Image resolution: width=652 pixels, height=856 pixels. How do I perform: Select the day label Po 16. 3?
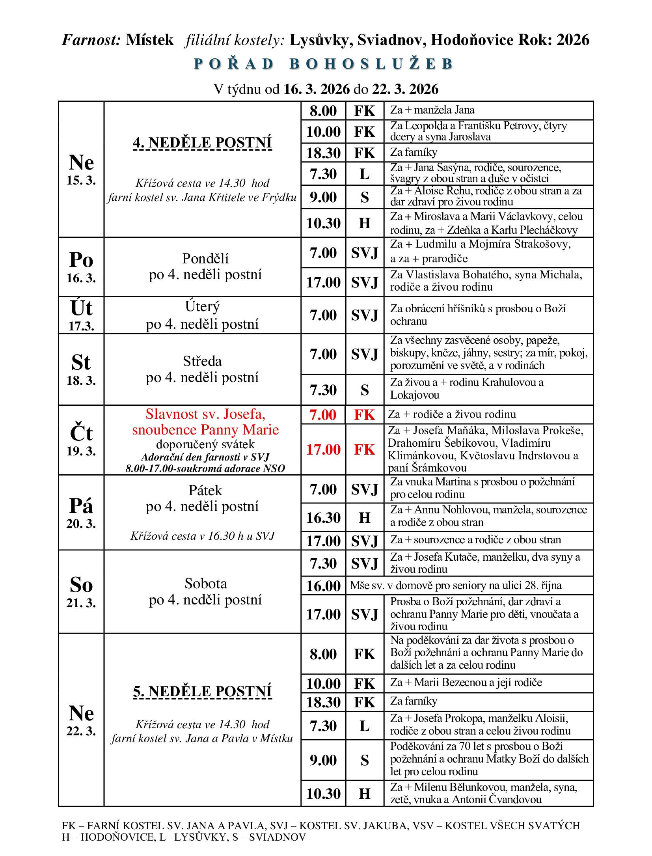(x=81, y=267)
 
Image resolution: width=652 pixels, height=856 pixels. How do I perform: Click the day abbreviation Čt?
(x=81, y=433)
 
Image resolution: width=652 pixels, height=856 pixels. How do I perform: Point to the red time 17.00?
(x=323, y=449)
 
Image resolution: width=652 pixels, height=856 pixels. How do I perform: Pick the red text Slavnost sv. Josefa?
(x=205, y=414)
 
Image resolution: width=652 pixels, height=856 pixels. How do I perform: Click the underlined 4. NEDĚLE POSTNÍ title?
(x=203, y=142)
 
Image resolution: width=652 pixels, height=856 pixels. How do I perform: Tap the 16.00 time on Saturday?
(x=323, y=586)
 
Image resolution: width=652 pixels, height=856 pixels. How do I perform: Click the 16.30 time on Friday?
(x=323, y=518)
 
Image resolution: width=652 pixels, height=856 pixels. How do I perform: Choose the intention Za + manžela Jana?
(x=432, y=110)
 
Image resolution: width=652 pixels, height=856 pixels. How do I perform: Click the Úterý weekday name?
(x=203, y=306)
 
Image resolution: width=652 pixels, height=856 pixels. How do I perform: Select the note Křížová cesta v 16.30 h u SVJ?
(x=203, y=536)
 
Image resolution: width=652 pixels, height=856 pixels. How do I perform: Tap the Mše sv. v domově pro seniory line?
(x=455, y=586)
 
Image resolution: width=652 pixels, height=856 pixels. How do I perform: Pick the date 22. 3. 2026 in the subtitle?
(x=405, y=89)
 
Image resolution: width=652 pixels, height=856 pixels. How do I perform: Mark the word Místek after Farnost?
(x=149, y=40)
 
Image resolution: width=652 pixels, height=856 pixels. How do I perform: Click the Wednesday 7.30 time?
(x=323, y=390)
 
